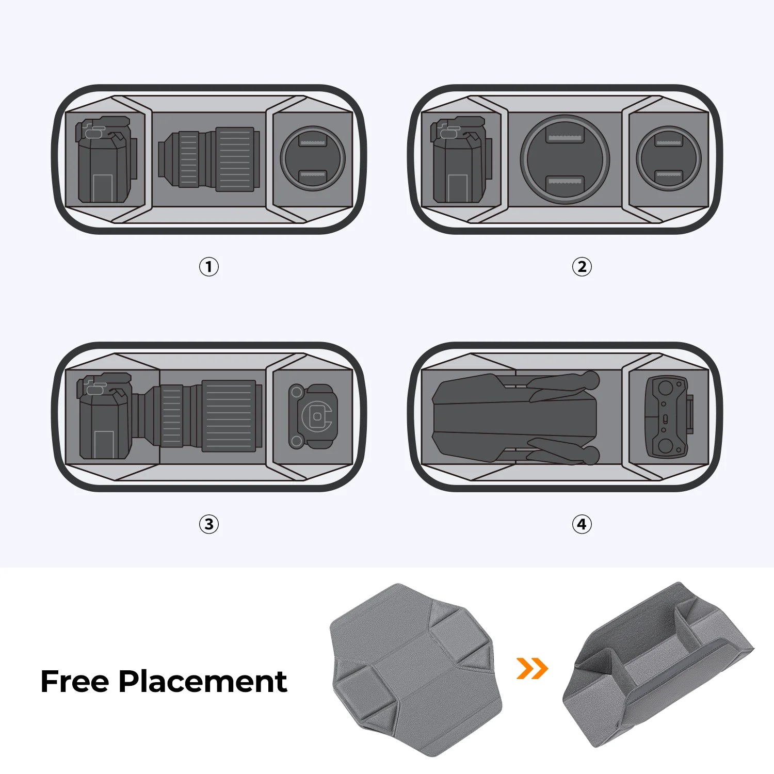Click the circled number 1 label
point(209,267)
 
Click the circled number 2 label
point(582,267)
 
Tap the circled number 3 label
point(209,524)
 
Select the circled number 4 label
point(582,524)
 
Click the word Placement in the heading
point(203,682)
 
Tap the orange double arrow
point(532,669)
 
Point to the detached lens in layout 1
point(209,159)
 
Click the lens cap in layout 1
point(313,159)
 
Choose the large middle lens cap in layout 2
point(565,159)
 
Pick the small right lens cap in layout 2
point(669,159)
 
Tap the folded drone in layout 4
point(516,418)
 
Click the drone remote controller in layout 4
point(668,416)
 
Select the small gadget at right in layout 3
point(313,416)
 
